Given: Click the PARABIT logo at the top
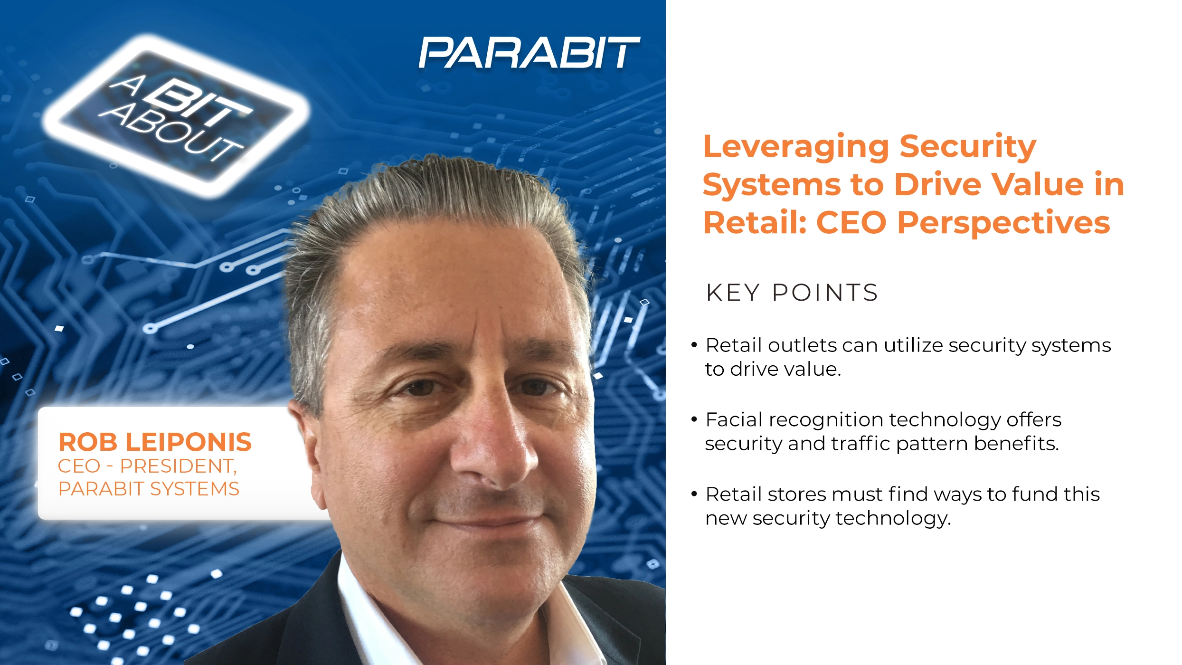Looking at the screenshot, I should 529,53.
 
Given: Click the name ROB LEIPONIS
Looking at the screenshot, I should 155,442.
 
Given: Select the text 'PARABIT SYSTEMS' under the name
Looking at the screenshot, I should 149,489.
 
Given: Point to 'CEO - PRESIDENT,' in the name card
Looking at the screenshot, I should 147,466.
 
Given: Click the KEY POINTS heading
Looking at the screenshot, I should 792,293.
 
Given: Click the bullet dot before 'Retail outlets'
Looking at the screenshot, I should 694,345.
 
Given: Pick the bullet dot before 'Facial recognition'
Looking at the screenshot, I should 694,419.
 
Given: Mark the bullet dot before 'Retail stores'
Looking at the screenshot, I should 694,494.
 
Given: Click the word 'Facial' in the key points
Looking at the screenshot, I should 734,419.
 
